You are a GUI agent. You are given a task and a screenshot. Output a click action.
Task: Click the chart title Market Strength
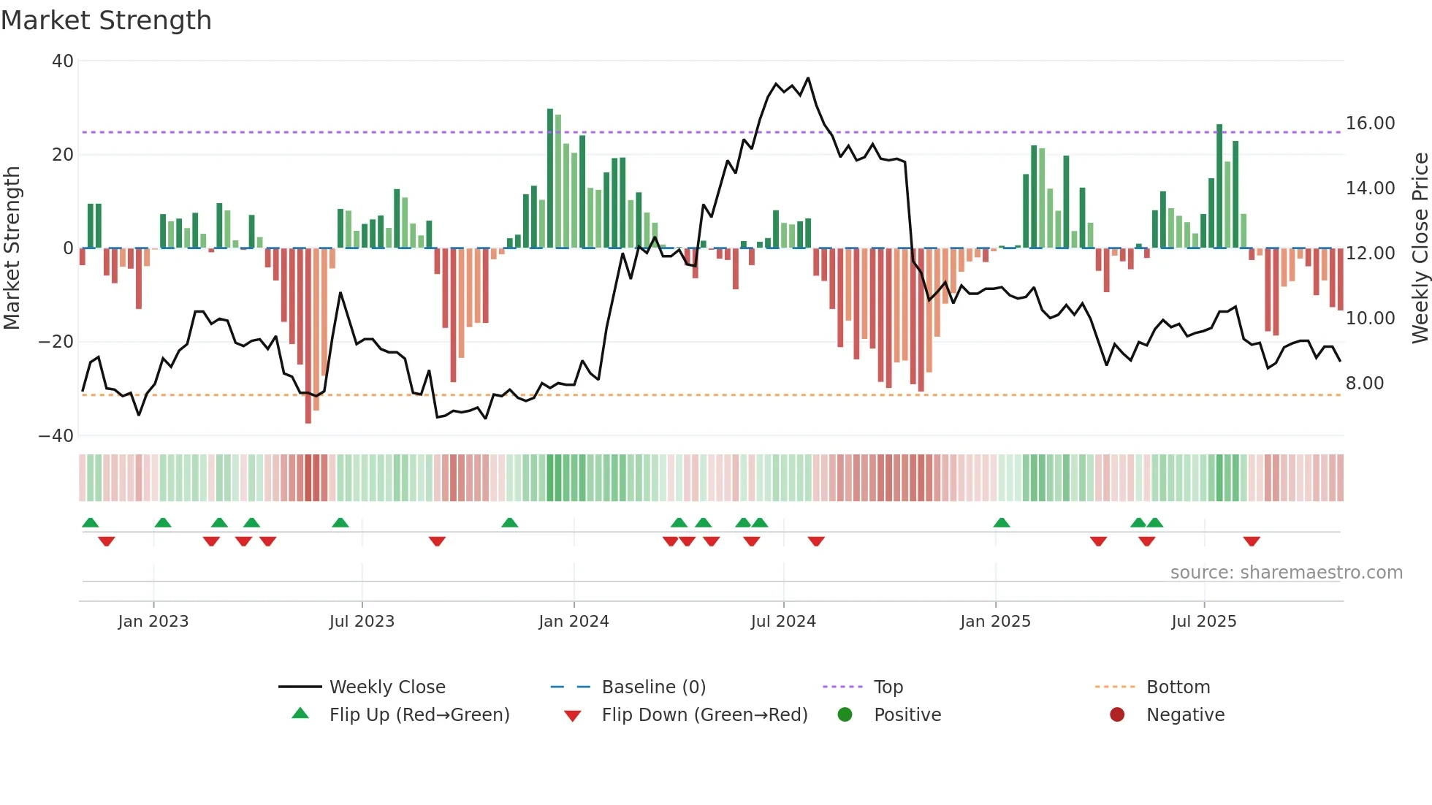(x=106, y=20)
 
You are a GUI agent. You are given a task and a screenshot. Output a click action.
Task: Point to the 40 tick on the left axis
(x=63, y=61)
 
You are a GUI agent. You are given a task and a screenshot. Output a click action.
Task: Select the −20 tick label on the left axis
(x=56, y=342)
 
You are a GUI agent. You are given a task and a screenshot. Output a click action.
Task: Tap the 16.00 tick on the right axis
(x=1370, y=123)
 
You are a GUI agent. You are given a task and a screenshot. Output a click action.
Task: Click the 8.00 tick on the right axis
(x=1364, y=384)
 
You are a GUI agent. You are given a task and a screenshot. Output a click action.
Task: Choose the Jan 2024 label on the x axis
(x=574, y=622)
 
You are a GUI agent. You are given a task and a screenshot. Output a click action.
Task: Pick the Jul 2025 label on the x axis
(x=1203, y=622)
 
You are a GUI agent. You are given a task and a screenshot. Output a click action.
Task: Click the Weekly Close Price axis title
(x=1420, y=248)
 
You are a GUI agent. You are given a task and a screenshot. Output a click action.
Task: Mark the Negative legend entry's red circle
(x=1116, y=715)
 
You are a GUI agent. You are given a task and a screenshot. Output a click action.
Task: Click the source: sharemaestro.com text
(x=1286, y=573)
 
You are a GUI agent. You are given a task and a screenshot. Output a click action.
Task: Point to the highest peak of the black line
(x=807, y=78)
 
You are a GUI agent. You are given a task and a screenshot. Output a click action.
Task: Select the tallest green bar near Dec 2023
(x=550, y=179)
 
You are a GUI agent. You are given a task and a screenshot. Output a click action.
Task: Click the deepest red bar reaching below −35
(x=308, y=336)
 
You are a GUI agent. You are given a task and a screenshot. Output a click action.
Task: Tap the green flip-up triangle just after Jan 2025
(x=1002, y=523)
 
